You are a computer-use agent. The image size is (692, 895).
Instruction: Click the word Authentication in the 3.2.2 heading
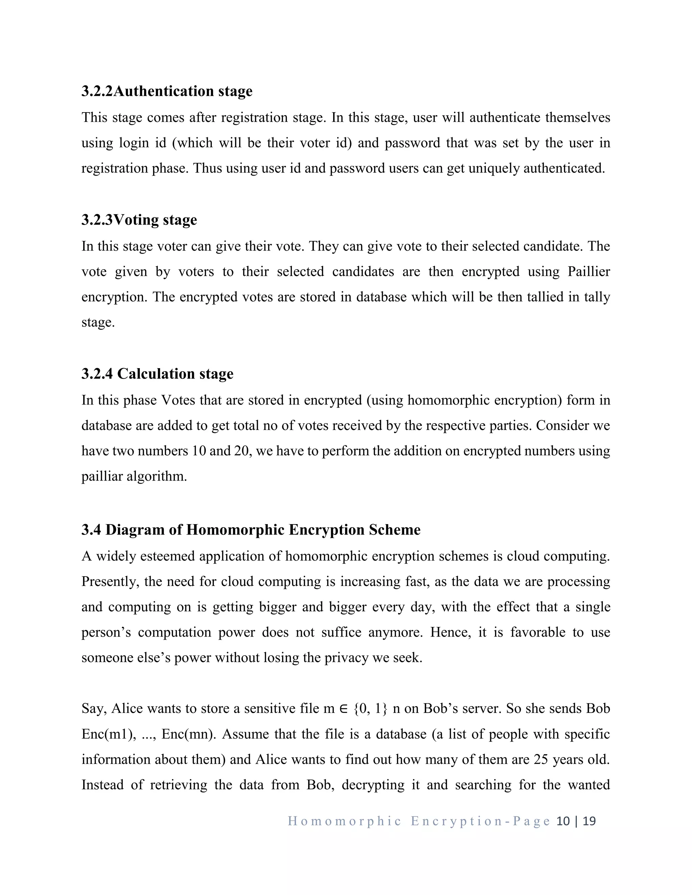click(x=164, y=91)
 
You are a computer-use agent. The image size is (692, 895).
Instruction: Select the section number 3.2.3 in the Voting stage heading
click(x=97, y=220)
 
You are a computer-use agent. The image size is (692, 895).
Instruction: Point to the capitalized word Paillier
click(x=589, y=272)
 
